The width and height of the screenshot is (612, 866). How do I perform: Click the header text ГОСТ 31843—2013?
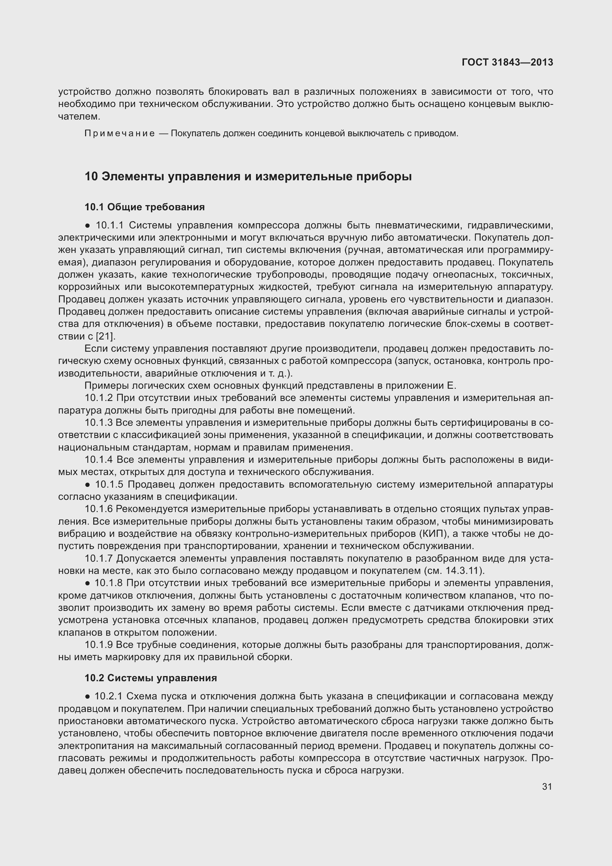click(x=507, y=62)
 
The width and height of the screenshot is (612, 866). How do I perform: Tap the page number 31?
click(x=547, y=786)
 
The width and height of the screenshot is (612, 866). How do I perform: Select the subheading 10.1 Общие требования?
click(x=145, y=207)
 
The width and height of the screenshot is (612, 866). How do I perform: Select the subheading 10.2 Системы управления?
click(x=151, y=678)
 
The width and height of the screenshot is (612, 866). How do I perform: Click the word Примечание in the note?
click(x=120, y=134)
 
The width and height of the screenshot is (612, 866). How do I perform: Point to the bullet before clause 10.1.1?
click(x=87, y=226)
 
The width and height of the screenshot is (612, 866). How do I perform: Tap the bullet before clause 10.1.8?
click(x=87, y=584)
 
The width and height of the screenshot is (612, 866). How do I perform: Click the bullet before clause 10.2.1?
click(x=87, y=696)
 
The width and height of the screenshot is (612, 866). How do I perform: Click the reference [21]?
click(x=105, y=336)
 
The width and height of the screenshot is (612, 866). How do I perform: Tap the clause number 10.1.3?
click(x=99, y=423)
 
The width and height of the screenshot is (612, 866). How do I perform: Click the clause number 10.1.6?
click(x=99, y=509)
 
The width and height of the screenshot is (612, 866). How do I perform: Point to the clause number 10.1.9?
click(x=99, y=645)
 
